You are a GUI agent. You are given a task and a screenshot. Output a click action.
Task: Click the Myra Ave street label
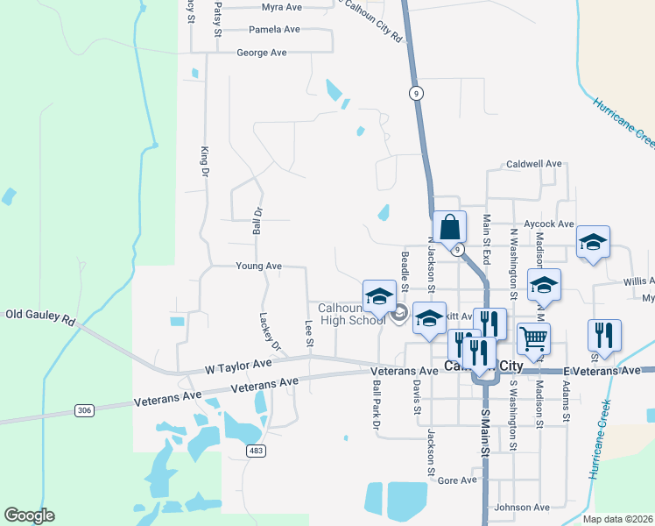coord(281,7)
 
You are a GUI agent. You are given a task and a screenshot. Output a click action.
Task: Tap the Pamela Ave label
coord(274,29)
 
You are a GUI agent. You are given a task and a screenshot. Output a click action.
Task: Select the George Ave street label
coord(262,53)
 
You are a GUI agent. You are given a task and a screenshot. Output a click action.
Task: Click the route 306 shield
coord(84,409)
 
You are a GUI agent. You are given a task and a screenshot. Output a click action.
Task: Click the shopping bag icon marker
coord(448,227)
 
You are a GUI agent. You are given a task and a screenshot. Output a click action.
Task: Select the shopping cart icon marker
coord(533,337)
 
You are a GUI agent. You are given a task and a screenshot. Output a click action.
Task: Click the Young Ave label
coord(258,266)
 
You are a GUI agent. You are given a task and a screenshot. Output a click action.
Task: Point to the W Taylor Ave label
coord(238,363)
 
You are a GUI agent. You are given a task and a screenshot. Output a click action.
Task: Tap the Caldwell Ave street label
coord(533,164)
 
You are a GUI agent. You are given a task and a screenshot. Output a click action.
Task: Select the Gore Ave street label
coord(456,480)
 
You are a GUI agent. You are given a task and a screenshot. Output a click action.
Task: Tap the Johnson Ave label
coord(521,508)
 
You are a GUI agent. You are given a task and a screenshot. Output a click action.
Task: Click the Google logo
coord(29,515)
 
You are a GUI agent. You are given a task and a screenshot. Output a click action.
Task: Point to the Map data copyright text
coord(616,519)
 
